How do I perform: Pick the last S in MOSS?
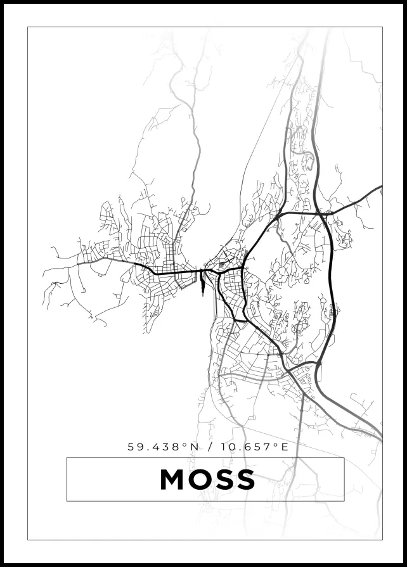[245, 480]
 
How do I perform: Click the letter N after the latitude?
[195, 447]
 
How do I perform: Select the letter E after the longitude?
[285, 447]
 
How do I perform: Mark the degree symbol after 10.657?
[276, 444]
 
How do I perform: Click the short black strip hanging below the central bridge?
[202, 284]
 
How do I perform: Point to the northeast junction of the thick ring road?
[323, 215]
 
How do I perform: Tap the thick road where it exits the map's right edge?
[380, 188]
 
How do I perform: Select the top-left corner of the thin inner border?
[28, 27]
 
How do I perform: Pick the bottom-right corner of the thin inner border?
[382, 540]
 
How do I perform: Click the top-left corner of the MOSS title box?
[67, 458]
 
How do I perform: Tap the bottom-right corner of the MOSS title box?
[344, 501]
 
